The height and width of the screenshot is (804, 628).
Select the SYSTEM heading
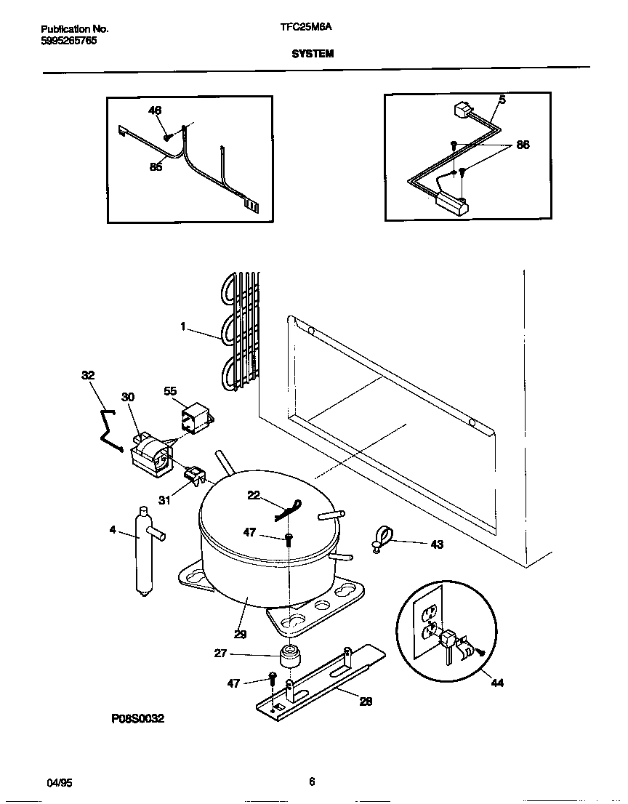coord(313,53)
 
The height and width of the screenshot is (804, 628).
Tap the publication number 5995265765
coord(68,41)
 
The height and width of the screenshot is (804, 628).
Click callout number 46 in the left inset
coord(155,110)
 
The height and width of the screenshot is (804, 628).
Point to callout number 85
coord(156,166)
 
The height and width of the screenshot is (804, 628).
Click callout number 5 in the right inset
coord(502,100)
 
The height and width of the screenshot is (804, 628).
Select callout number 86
coord(522,145)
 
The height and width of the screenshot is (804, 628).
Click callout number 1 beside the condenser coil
coord(184,327)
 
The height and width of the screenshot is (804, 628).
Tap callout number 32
coord(87,375)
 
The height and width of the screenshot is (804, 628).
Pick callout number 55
coord(170,391)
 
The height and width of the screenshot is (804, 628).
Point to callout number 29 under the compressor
coord(240,634)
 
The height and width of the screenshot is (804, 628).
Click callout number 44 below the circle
coord(497,683)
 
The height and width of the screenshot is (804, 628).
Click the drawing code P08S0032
coord(137,718)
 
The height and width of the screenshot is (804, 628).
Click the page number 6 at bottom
coord(312,782)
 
